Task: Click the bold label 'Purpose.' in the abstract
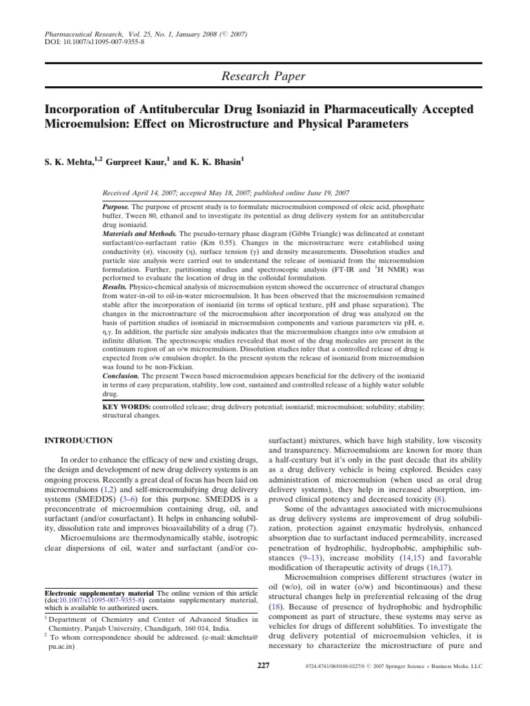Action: click(115, 207)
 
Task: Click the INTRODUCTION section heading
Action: click(78, 439)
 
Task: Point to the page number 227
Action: click(262, 665)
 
